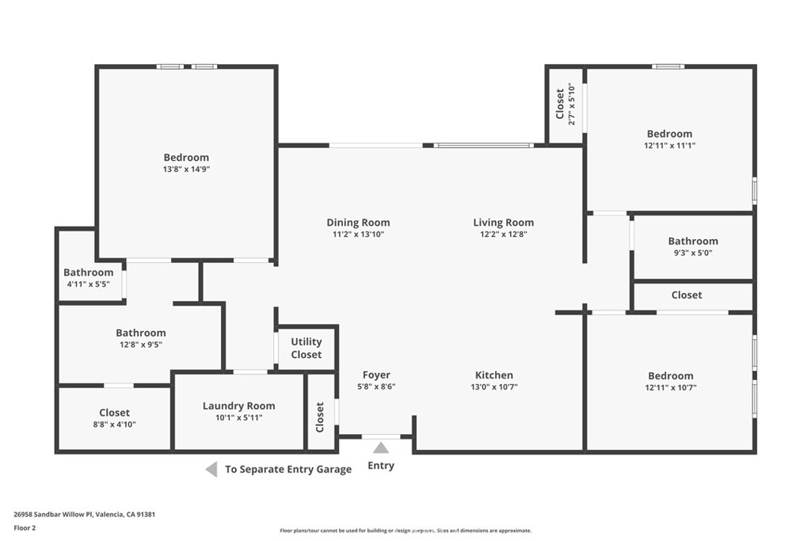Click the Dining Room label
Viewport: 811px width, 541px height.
(358, 223)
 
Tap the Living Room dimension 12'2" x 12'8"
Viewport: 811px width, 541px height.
(503, 234)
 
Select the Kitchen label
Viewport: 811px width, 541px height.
(494, 375)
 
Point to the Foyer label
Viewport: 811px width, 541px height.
(376, 375)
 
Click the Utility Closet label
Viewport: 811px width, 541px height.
(307, 348)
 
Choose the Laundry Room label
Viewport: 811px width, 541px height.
(238, 406)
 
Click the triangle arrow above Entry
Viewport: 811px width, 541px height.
(381, 448)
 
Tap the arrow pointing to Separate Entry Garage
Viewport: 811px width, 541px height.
(211, 470)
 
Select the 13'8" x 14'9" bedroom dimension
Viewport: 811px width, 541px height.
(186, 170)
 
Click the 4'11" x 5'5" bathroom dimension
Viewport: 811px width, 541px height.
(89, 284)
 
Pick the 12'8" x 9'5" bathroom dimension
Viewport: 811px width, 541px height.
(141, 345)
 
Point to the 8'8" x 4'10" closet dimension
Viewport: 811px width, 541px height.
(114, 425)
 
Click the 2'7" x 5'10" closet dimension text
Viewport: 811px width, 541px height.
(572, 104)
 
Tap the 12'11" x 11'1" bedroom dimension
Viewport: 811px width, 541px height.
(669, 146)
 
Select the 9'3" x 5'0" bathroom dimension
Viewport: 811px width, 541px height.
(692, 253)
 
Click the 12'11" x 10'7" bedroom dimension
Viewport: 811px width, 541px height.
(670, 387)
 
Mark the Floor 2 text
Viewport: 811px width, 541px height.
(25, 528)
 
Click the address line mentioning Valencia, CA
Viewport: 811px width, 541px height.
(84, 514)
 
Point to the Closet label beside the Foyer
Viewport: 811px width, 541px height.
(320, 417)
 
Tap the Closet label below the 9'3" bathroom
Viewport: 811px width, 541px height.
(687, 295)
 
